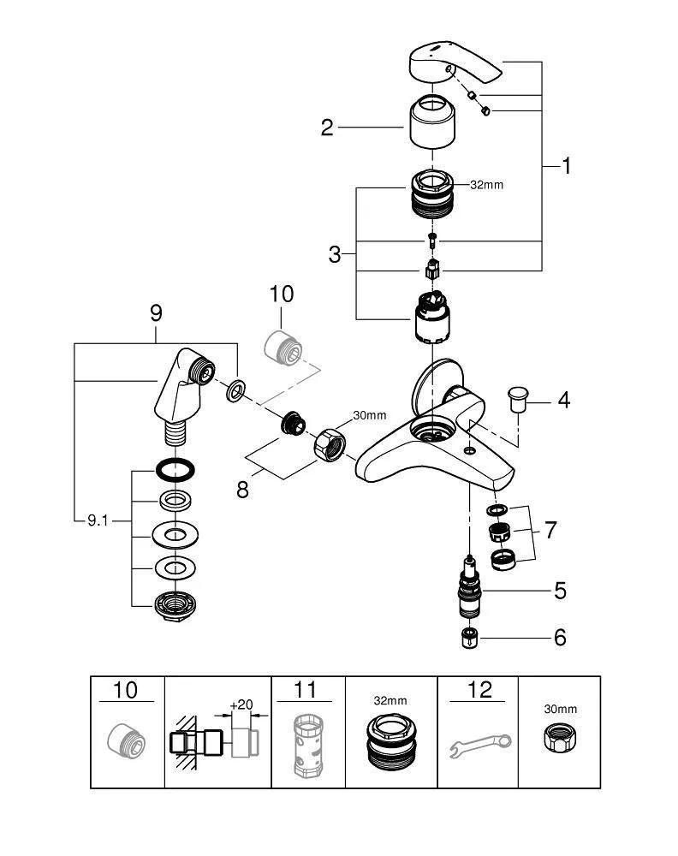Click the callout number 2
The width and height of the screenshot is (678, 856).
(326, 128)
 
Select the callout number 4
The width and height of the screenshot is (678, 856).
(564, 400)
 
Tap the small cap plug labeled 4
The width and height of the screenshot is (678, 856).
(517, 398)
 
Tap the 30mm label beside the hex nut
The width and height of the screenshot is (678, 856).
(370, 415)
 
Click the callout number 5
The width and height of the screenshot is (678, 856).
(560, 590)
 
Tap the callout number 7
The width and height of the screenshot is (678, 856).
(550, 531)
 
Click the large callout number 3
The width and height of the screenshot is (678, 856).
(335, 253)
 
